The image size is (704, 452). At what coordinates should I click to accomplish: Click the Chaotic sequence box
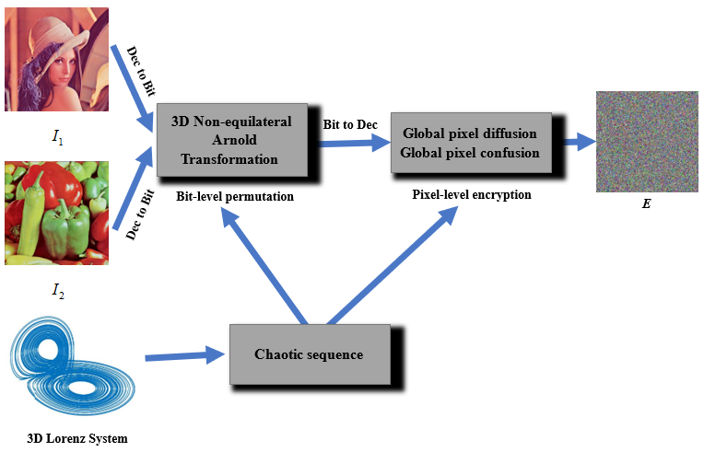click(x=309, y=354)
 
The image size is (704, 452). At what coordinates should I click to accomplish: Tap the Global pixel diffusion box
click(x=470, y=142)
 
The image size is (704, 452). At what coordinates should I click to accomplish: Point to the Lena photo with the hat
click(x=56, y=59)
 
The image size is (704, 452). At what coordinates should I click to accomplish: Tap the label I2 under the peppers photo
click(x=57, y=293)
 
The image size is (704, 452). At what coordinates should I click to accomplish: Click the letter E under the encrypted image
click(x=646, y=203)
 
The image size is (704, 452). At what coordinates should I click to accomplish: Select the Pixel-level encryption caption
click(x=471, y=195)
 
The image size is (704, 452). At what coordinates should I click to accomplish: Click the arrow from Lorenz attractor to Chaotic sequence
click(x=184, y=354)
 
